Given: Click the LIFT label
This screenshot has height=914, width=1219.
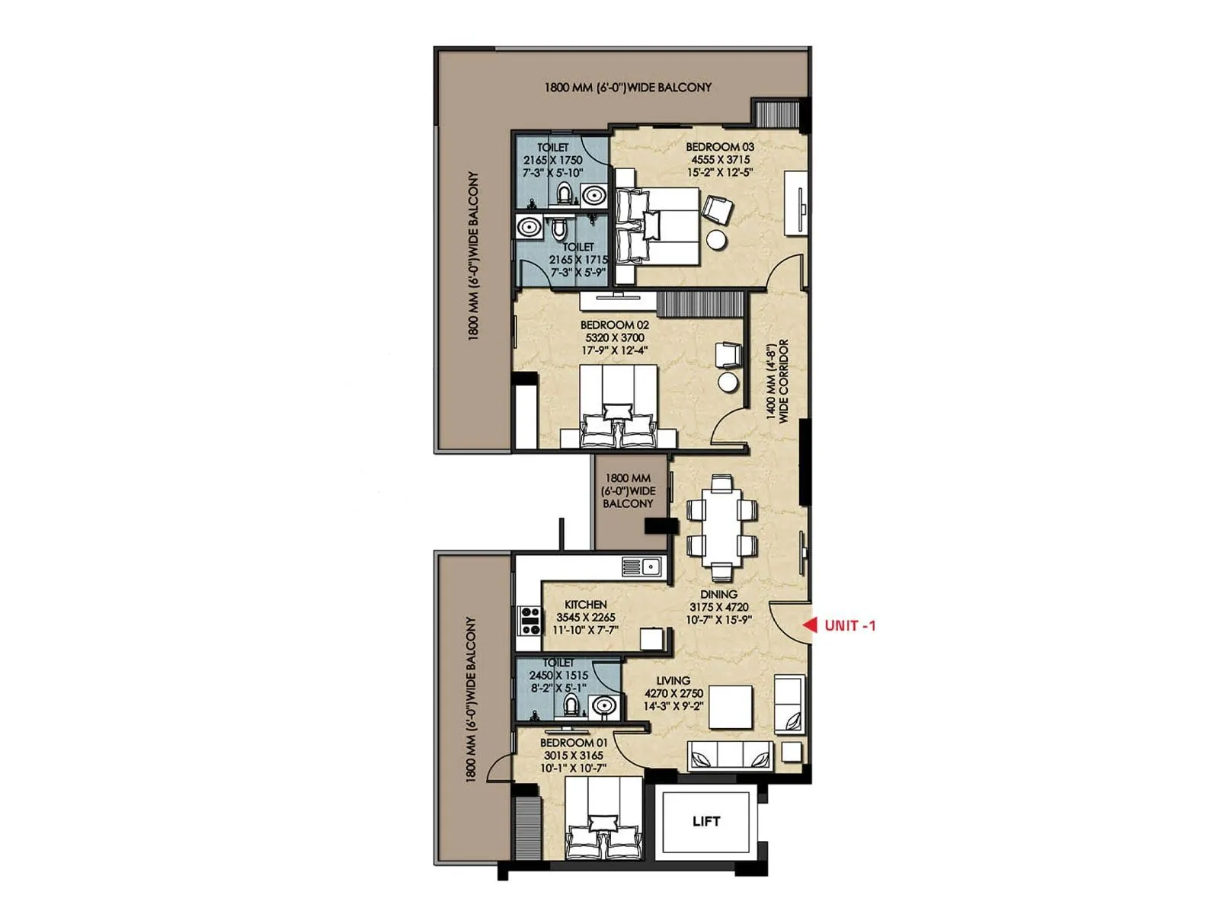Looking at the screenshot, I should pos(706,821).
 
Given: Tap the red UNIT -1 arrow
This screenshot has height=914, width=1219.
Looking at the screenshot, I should pos(810,625).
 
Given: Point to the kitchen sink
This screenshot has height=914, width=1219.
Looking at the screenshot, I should pos(642,567).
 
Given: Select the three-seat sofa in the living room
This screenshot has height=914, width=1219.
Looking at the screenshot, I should pos(730,756).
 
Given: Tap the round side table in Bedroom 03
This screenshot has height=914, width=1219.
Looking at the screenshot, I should pos(716,239).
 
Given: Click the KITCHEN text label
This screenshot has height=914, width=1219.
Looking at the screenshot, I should pos(585,605).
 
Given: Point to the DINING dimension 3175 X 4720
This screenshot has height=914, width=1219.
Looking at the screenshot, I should pos(719,607).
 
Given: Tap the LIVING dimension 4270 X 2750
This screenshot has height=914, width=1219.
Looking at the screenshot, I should pos(673,693).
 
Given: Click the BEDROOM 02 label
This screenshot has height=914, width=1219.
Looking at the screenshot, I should pos(614,324).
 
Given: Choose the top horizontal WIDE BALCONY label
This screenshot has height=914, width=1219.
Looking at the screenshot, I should pos(628,88).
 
